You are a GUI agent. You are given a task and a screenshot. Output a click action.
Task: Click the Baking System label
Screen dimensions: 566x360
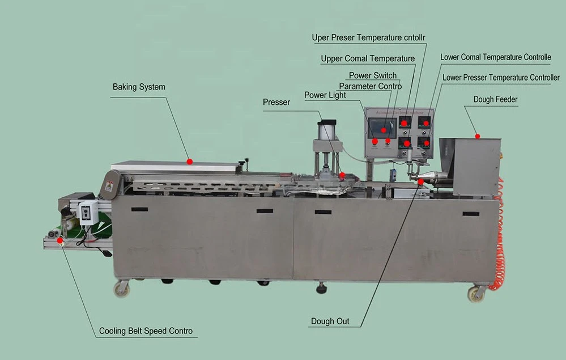(x=139, y=87)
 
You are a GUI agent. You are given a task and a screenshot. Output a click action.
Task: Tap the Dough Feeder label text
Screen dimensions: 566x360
(x=495, y=100)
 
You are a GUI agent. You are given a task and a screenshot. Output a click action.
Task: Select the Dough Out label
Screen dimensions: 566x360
(x=330, y=321)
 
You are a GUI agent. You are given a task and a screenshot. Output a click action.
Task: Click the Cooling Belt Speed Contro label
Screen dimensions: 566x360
(x=146, y=331)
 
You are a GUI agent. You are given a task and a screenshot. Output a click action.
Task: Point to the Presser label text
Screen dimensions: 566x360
(x=276, y=103)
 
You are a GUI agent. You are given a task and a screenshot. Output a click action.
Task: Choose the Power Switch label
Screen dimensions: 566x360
(x=372, y=75)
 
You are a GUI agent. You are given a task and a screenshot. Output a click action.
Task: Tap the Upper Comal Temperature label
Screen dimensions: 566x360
(x=368, y=58)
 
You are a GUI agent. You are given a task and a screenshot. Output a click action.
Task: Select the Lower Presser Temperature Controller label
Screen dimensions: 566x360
(x=501, y=78)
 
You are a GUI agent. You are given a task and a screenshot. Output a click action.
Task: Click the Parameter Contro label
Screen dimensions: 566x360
(x=370, y=86)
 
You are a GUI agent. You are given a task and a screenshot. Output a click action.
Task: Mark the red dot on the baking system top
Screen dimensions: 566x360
(x=190, y=162)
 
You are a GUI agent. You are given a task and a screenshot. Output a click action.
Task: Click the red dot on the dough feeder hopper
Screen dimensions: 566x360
(x=478, y=136)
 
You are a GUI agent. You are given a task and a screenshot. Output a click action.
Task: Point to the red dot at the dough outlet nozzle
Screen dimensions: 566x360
(x=420, y=181)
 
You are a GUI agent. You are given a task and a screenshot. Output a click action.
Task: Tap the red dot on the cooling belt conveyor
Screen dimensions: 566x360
(x=60, y=240)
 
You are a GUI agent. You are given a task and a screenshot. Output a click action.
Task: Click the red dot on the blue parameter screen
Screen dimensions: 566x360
(x=384, y=130)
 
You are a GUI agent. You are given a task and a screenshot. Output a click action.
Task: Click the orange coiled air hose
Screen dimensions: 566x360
(x=500, y=238)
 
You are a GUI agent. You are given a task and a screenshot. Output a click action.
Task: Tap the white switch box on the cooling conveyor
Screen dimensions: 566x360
(x=88, y=213)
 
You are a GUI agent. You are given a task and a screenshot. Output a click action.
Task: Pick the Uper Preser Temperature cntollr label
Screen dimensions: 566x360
(x=368, y=38)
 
